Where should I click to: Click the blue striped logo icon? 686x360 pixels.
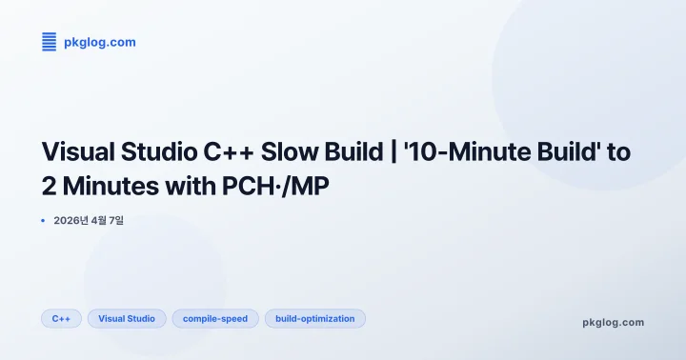click(x=50, y=42)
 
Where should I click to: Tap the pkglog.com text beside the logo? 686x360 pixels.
click(x=99, y=42)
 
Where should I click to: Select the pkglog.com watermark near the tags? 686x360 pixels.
click(x=613, y=322)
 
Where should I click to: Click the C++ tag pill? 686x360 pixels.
click(x=61, y=318)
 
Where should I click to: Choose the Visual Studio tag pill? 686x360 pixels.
click(x=127, y=318)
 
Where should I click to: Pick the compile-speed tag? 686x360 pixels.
click(x=215, y=318)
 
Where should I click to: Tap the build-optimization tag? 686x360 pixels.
click(x=314, y=318)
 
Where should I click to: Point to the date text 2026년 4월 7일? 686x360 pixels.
click(x=89, y=221)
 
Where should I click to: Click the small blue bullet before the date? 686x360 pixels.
click(x=44, y=221)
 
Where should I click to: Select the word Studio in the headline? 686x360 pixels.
click(x=161, y=152)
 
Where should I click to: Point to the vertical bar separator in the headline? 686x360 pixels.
click(x=393, y=152)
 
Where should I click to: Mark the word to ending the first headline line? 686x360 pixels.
click(x=619, y=152)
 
